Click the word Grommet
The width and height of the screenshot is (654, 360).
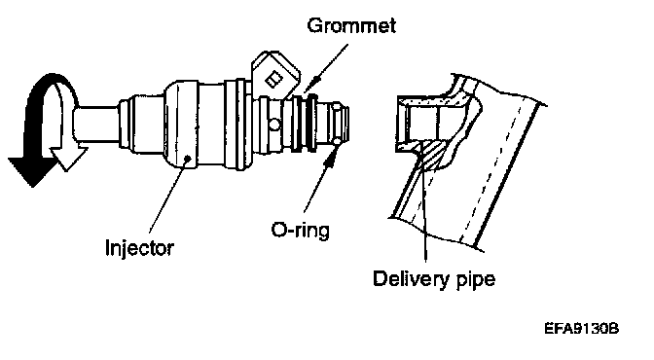point(351,25)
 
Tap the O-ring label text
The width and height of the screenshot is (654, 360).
point(301,230)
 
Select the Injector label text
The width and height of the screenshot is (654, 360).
point(139,248)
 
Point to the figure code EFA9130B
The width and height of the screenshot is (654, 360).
point(581,328)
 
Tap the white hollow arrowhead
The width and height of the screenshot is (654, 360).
point(68,158)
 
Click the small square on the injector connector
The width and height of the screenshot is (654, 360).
point(274,79)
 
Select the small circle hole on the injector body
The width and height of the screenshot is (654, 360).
point(274,125)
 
